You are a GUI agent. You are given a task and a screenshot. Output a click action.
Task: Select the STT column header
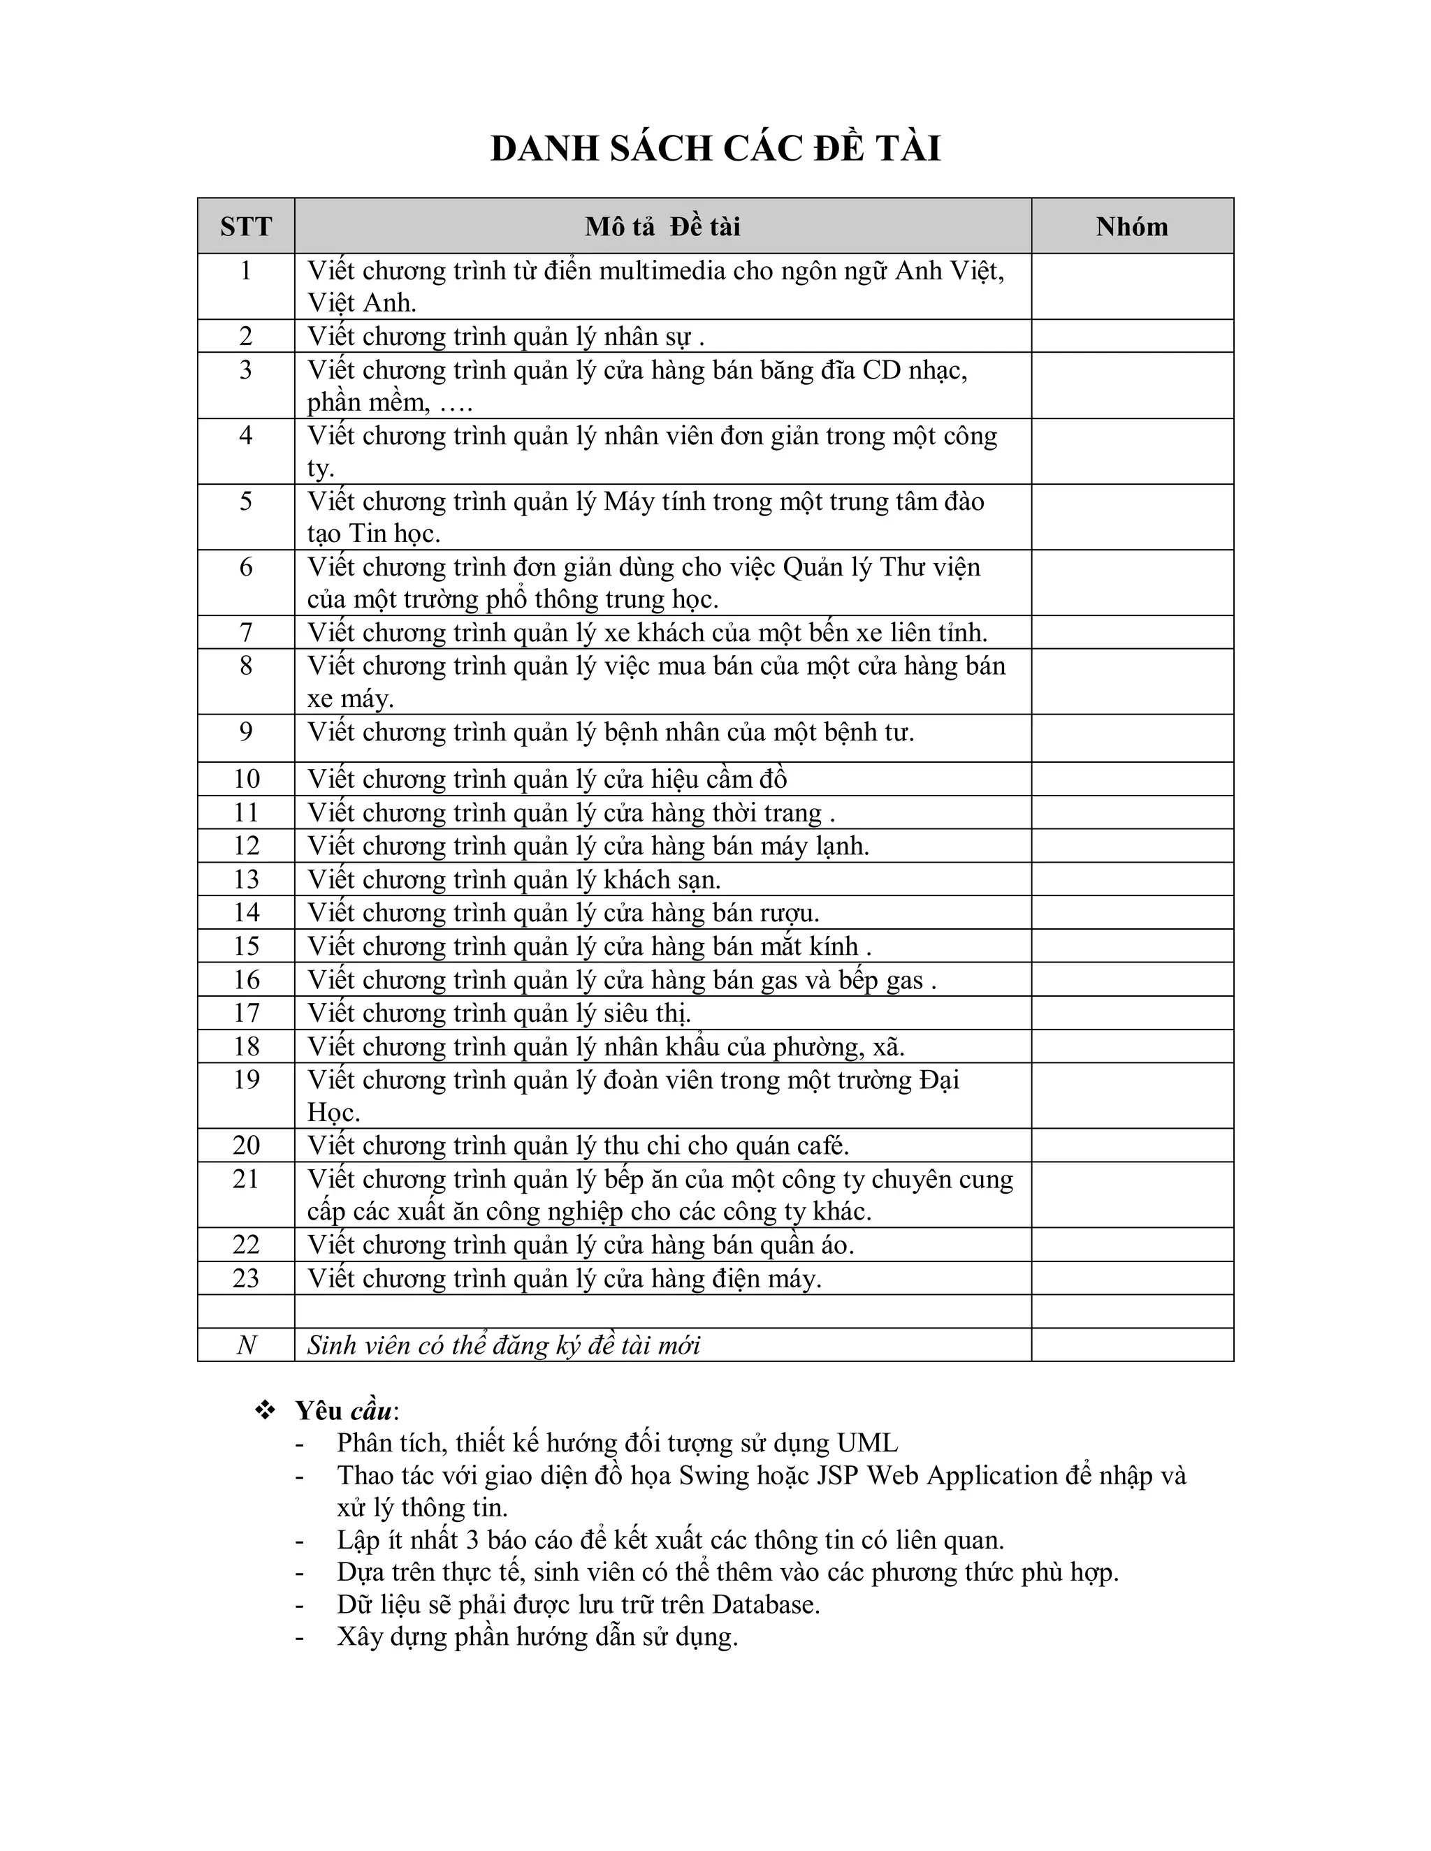click(x=246, y=226)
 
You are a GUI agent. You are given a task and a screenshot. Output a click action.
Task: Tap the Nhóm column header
click(x=1132, y=226)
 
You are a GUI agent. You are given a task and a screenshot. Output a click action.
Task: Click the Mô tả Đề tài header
click(x=662, y=226)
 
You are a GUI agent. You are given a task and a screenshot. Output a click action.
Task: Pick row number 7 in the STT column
click(x=246, y=632)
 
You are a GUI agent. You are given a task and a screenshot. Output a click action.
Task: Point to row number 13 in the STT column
click(x=246, y=879)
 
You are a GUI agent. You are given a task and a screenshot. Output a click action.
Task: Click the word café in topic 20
click(x=820, y=1146)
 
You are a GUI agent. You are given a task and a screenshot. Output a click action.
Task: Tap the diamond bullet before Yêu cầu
click(x=266, y=1410)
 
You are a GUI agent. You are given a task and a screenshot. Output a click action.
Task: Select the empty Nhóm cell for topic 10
click(x=1132, y=779)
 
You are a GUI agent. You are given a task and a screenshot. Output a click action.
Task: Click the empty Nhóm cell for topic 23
click(x=1132, y=1278)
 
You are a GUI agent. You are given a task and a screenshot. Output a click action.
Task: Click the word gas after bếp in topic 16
click(x=903, y=981)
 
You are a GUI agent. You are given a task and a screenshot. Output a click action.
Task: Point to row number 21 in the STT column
click(x=246, y=1179)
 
